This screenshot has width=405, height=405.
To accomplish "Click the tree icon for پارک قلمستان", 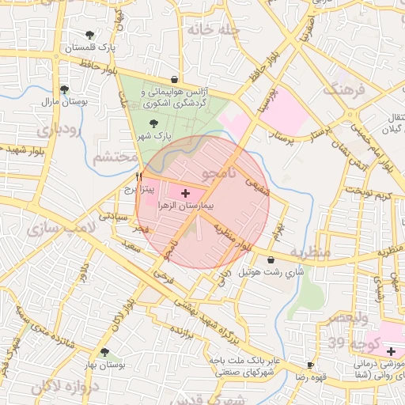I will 89,35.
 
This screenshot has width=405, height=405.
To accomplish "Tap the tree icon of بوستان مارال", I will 64,89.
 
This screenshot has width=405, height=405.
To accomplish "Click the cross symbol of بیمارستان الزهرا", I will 186,192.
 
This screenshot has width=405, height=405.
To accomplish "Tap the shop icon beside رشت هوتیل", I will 272,259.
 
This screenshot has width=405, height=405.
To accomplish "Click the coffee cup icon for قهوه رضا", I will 310,365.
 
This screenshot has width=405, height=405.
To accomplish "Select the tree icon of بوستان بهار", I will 104,353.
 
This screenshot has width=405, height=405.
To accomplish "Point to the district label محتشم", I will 115,157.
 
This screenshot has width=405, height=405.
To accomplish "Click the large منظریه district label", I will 308,253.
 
